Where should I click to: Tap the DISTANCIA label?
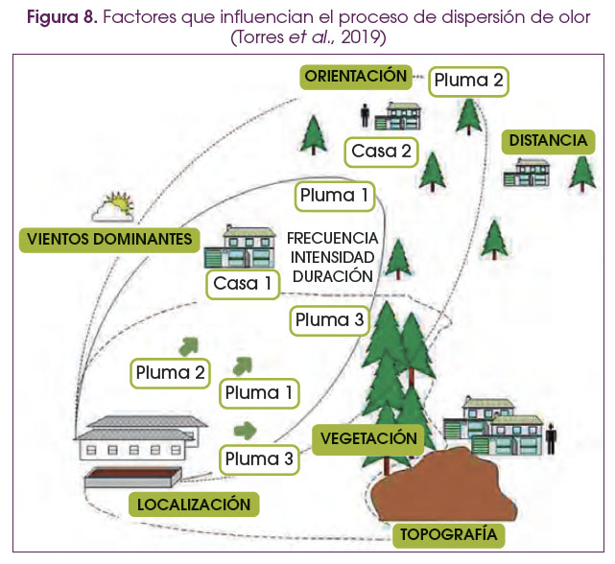(x=548, y=141)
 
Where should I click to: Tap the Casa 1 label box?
(x=243, y=283)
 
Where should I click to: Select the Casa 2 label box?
(x=381, y=151)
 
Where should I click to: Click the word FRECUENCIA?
(x=332, y=238)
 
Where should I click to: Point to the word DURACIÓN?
(x=332, y=274)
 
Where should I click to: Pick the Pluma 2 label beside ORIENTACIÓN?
(x=467, y=81)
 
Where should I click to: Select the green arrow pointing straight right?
(x=246, y=429)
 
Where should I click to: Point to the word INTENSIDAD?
(x=332, y=256)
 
